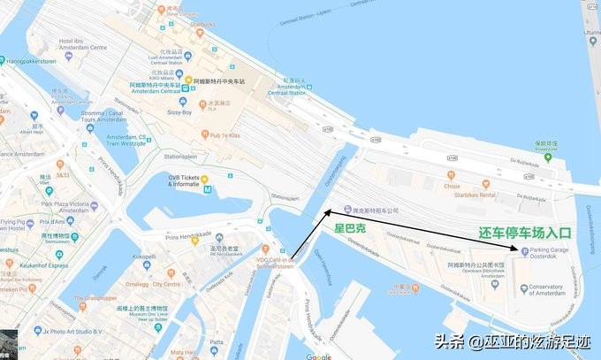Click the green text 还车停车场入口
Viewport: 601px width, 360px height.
[526, 234]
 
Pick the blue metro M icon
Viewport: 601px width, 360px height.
[207, 188]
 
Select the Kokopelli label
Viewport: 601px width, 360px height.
[144, 257]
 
